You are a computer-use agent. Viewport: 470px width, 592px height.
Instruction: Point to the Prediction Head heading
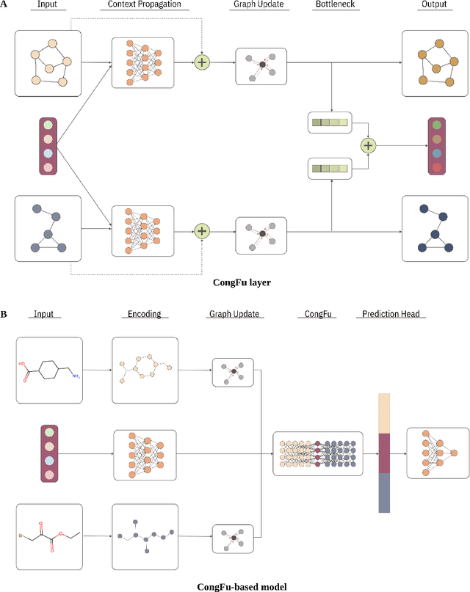pyautogui.click(x=390, y=314)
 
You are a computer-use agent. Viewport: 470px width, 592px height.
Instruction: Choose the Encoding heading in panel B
pyautogui.click(x=144, y=314)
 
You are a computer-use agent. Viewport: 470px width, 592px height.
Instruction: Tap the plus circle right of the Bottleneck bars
pyautogui.click(x=368, y=146)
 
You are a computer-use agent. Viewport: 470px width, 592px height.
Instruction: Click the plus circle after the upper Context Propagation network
pyautogui.click(x=201, y=62)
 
